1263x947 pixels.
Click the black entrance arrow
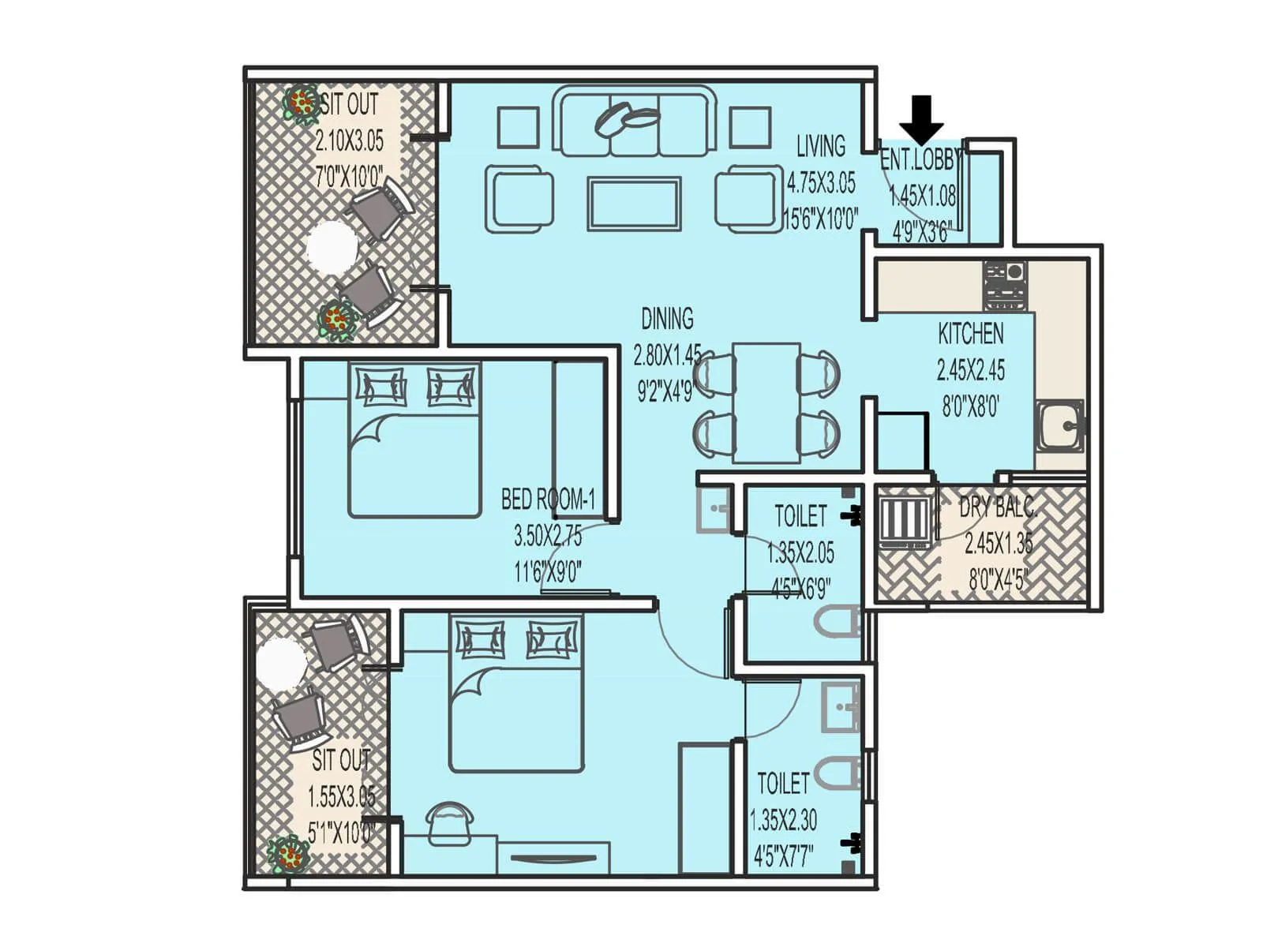pyautogui.click(x=921, y=118)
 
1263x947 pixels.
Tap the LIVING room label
pyautogui.click(x=820, y=147)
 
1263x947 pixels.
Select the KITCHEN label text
pyautogui.click(x=970, y=334)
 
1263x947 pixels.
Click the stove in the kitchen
pyautogui.click(x=1005, y=286)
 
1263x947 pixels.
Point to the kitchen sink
pyautogui.click(x=1059, y=426)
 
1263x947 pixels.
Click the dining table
pyautogui.click(x=766, y=402)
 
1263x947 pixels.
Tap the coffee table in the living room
pyautogui.click(x=634, y=204)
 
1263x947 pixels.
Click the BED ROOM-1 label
pyautogui.click(x=548, y=500)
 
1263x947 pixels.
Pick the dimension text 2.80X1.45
pyautogui.click(x=667, y=356)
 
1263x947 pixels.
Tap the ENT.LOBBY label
pyautogui.click(x=920, y=160)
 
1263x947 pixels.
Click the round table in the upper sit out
pyautogui.click(x=332, y=246)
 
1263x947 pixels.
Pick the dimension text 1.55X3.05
pyautogui.click(x=341, y=797)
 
